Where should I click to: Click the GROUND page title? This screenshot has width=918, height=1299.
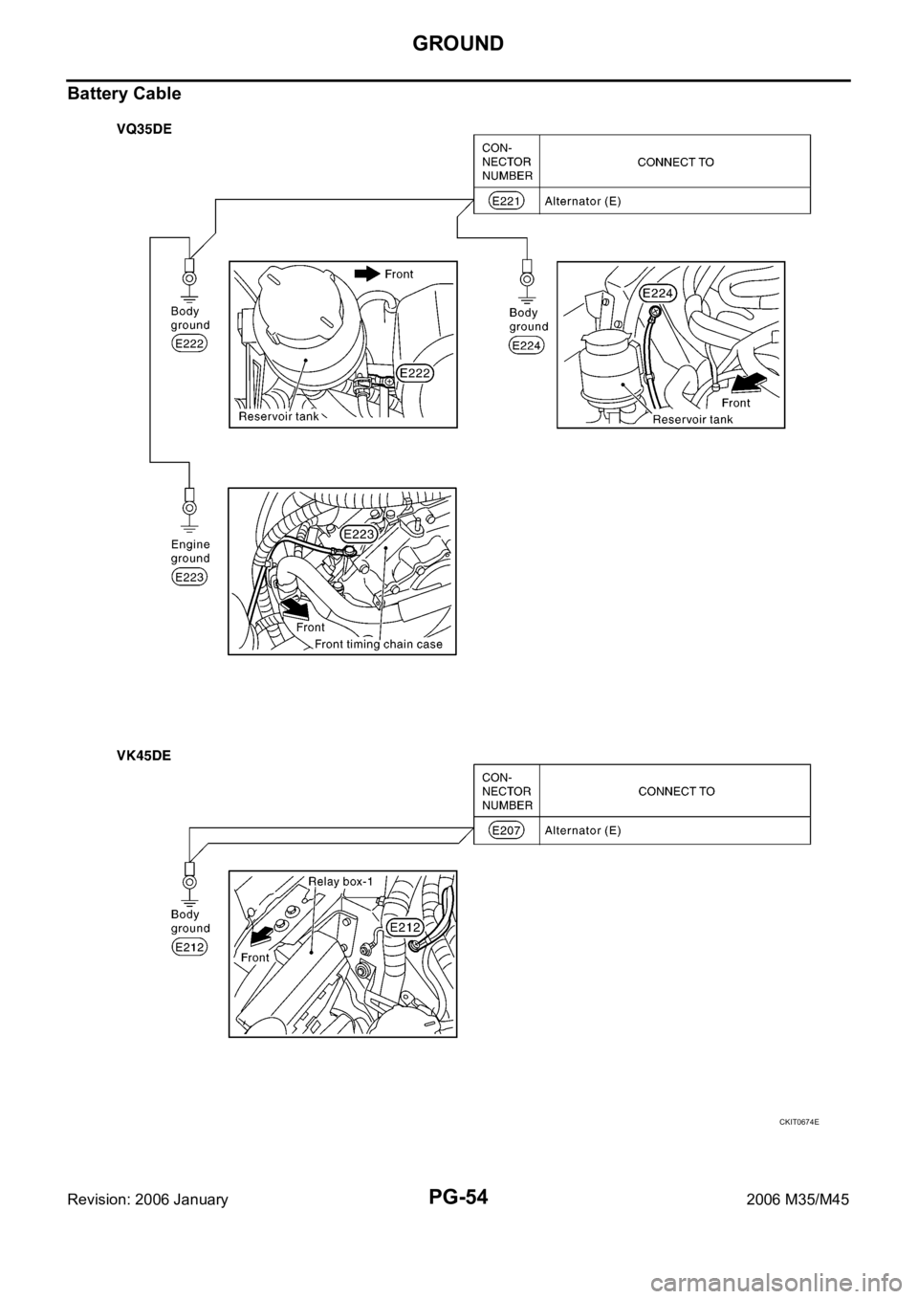click(x=458, y=43)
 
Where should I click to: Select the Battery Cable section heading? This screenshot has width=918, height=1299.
click(x=124, y=94)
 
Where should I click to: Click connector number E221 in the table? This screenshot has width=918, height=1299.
click(x=506, y=201)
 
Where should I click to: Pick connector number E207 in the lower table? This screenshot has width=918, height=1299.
click(x=506, y=830)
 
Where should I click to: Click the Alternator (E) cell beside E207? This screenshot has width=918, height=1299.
click(x=582, y=830)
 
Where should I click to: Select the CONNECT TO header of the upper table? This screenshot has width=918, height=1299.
click(x=675, y=163)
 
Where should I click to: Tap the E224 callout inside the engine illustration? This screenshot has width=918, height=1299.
click(x=658, y=294)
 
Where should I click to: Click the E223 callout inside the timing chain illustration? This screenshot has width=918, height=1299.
click(x=360, y=534)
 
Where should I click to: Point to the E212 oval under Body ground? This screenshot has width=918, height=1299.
click(x=189, y=947)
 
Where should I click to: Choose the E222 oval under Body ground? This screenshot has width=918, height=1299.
click(x=189, y=344)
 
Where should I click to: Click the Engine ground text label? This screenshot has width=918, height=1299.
click(x=190, y=551)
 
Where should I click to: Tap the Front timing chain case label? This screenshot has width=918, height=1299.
click(x=379, y=644)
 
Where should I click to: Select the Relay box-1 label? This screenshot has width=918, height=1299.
click(x=340, y=881)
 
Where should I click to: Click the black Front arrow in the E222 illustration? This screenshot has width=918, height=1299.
click(x=367, y=274)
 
